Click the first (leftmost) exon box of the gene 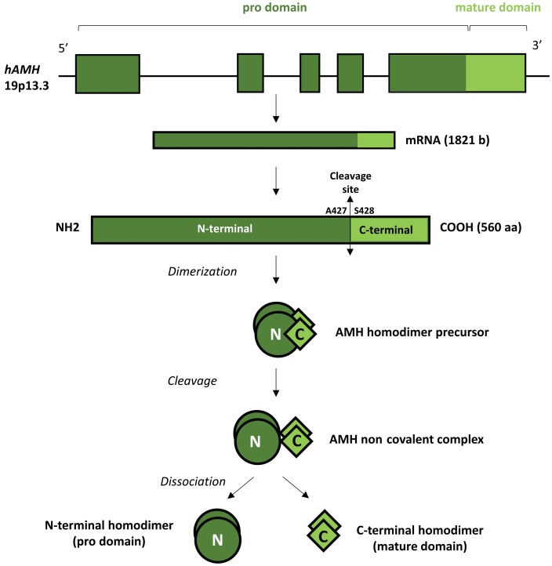click(x=107, y=74)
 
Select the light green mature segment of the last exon click(x=496, y=74)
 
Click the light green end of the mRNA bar click(x=372, y=140)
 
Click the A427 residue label click(x=337, y=210)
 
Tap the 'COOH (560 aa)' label click(x=479, y=229)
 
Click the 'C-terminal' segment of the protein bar click(x=388, y=230)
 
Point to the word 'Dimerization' click(x=204, y=271)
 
